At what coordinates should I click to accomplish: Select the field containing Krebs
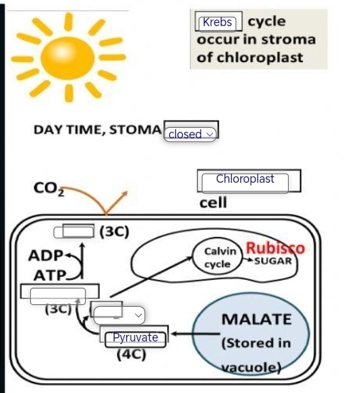click(x=219, y=23)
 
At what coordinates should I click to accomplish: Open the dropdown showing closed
click(x=191, y=134)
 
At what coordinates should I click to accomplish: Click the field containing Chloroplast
click(x=245, y=180)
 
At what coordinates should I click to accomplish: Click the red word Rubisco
click(x=274, y=249)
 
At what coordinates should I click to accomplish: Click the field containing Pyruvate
click(x=135, y=338)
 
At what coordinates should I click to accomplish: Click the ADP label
click(x=46, y=255)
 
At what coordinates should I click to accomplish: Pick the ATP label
click(x=50, y=276)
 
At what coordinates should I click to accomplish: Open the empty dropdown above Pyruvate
click(x=118, y=314)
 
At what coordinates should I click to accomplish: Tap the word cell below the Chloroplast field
click(x=214, y=202)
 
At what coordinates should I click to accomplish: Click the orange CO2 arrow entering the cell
click(x=91, y=195)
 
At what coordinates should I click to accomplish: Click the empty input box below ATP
click(x=59, y=294)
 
